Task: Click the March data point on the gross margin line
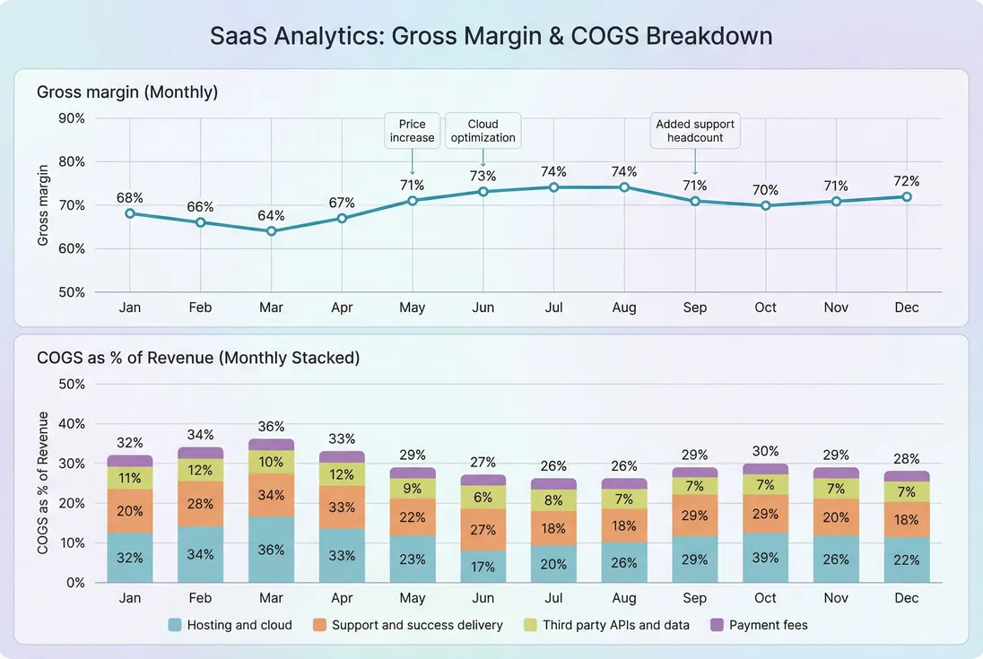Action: pyautogui.click(x=271, y=230)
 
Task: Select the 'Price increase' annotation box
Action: pyautogui.click(x=412, y=131)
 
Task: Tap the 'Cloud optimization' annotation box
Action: pyautogui.click(x=483, y=131)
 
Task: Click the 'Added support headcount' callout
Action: pyautogui.click(x=695, y=131)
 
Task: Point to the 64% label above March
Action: pyautogui.click(x=271, y=215)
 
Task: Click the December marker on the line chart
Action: pyautogui.click(x=907, y=196)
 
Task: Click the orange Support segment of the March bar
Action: pyautogui.click(x=271, y=495)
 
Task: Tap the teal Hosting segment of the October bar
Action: pyautogui.click(x=765, y=558)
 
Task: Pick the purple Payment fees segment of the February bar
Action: pyautogui.click(x=201, y=453)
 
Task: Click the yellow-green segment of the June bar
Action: pyautogui.click(x=483, y=498)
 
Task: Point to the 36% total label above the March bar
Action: pyautogui.click(x=271, y=426)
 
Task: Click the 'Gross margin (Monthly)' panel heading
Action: pyautogui.click(x=127, y=91)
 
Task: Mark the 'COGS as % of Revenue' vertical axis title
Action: pyautogui.click(x=43, y=482)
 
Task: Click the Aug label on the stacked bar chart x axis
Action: pyautogui.click(x=624, y=598)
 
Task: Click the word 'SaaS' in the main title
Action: pyautogui.click(x=238, y=36)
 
